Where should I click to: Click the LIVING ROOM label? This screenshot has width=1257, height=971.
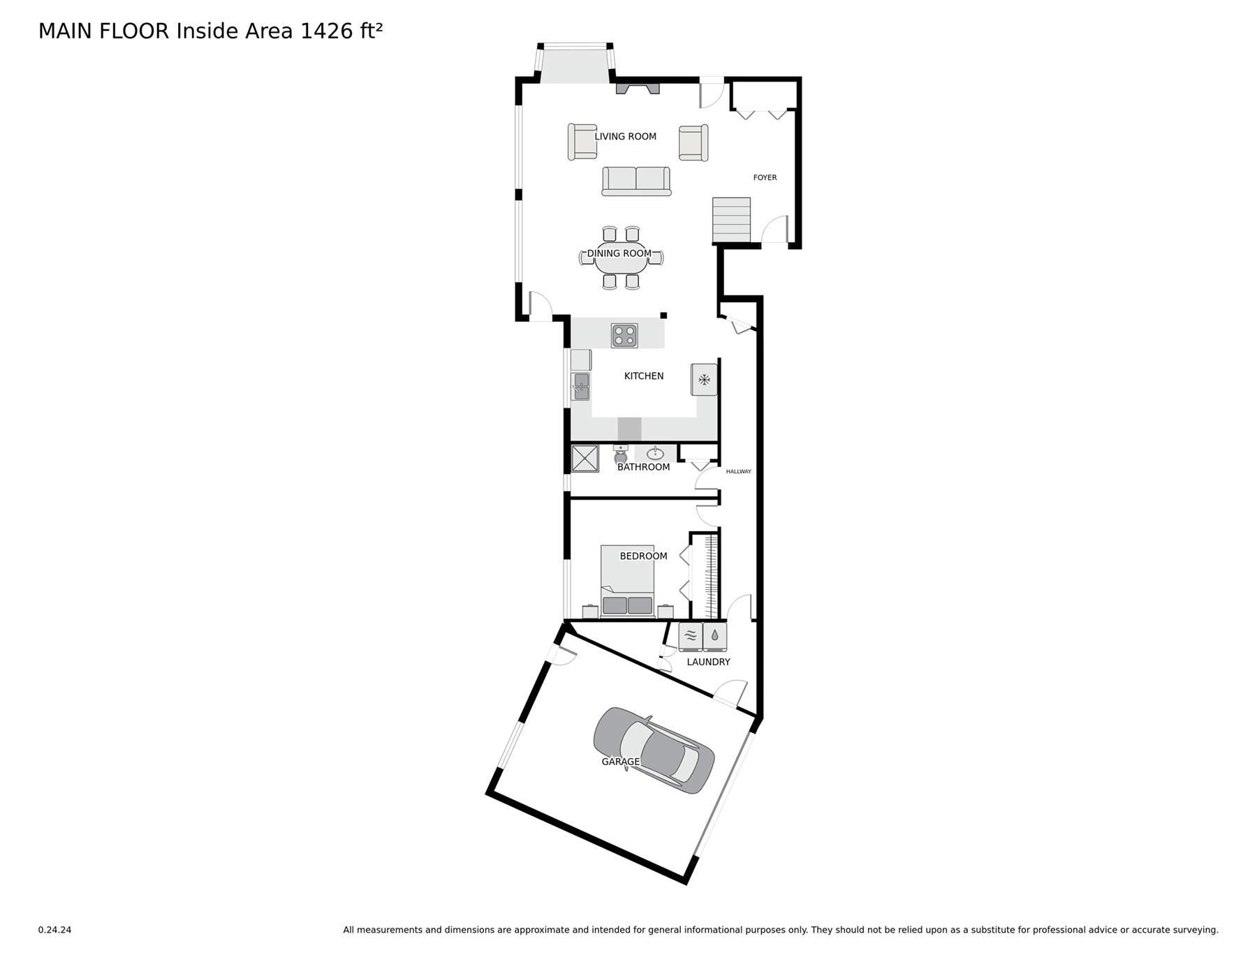pyautogui.click(x=625, y=137)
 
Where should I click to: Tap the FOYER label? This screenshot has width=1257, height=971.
pyautogui.click(x=765, y=178)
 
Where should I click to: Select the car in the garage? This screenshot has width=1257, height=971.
pyautogui.click(x=654, y=750)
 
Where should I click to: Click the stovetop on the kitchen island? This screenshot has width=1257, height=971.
pyautogui.click(x=624, y=336)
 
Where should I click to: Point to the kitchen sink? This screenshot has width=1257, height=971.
pyautogui.click(x=581, y=386)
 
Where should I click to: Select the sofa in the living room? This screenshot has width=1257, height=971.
pyautogui.click(x=636, y=181)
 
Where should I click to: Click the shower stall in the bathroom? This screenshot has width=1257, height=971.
pyautogui.click(x=585, y=458)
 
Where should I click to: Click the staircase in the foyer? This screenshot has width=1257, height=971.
pyautogui.click(x=731, y=220)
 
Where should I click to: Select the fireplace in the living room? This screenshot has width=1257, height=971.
pyautogui.click(x=637, y=88)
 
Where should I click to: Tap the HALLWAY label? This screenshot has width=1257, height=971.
pyautogui.click(x=738, y=472)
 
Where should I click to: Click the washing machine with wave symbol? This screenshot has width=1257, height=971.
pyautogui.click(x=690, y=637)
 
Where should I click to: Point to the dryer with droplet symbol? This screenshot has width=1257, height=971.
pyautogui.click(x=715, y=637)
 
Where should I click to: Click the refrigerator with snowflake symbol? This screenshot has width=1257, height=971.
pyautogui.click(x=704, y=380)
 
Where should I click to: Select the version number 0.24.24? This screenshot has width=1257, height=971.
pyautogui.click(x=54, y=930)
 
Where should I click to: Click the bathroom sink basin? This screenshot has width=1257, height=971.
pyautogui.click(x=654, y=454)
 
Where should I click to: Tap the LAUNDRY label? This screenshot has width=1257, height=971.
pyautogui.click(x=708, y=662)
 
